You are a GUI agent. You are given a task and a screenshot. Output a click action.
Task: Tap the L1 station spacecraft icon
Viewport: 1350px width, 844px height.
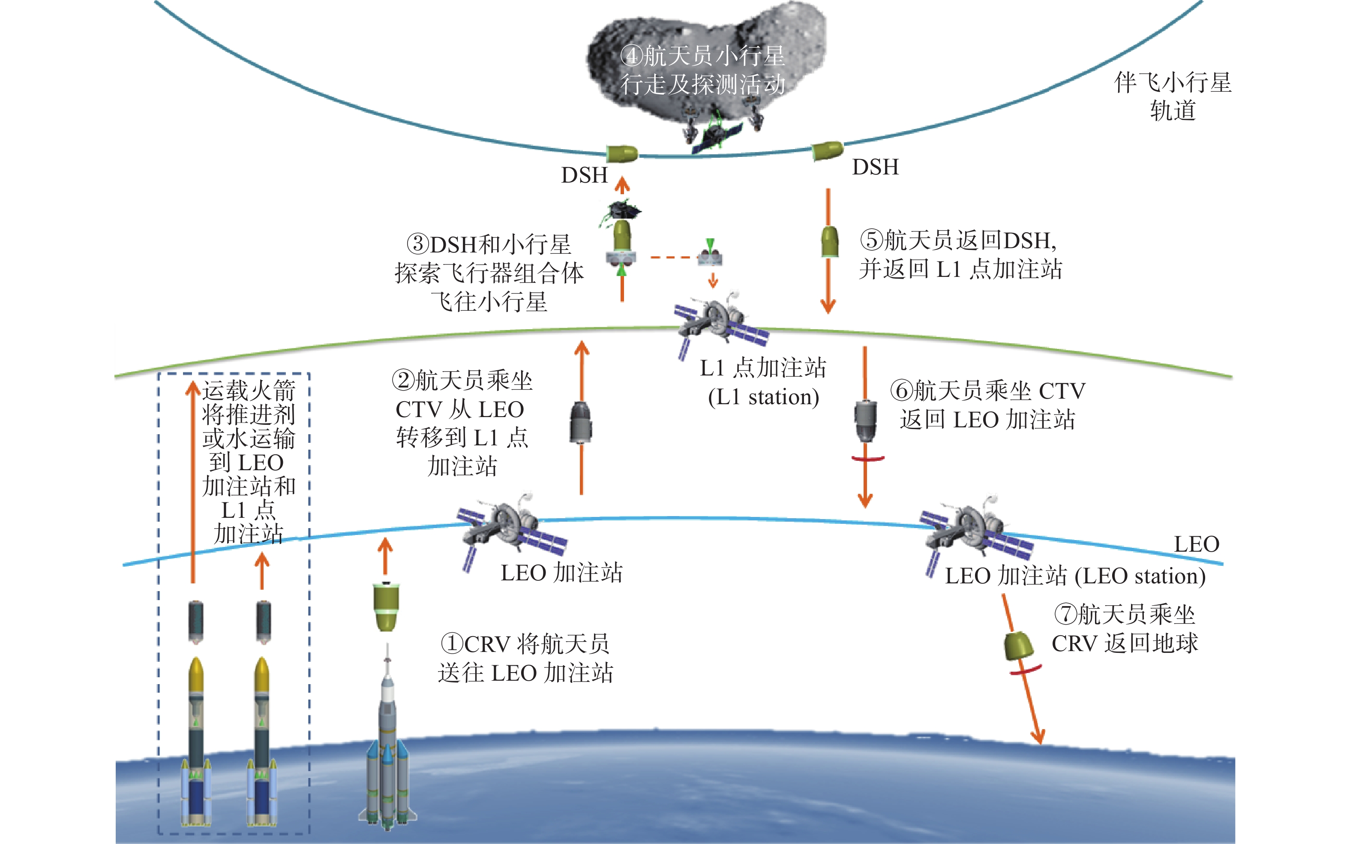[x=720, y=324]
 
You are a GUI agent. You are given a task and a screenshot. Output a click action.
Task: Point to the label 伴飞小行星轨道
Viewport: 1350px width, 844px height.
[x=1173, y=96]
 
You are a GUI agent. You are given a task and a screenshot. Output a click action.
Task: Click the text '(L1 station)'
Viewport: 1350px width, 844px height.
[x=763, y=397]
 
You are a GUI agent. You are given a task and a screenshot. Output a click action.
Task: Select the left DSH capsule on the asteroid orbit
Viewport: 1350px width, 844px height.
[x=622, y=153]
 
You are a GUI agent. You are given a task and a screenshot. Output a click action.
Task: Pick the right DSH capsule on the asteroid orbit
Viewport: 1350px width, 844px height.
[x=827, y=150]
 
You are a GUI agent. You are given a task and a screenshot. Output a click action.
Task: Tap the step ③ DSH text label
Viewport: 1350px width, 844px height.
[x=489, y=273]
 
